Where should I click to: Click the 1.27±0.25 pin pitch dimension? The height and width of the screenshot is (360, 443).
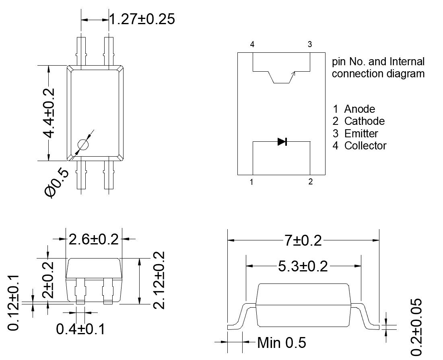click(x=142, y=19)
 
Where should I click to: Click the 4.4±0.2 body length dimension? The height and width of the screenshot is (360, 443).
click(x=49, y=113)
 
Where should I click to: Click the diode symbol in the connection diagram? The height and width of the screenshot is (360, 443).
click(x=282, y=141)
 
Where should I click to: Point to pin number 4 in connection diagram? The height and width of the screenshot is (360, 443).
click(x=252, y=44)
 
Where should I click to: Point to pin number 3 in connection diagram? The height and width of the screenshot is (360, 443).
click(x=310, y=44)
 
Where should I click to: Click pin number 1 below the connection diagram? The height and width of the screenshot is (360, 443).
click(x=251, y=182)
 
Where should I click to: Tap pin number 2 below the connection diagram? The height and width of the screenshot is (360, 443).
click(x=310, y=182)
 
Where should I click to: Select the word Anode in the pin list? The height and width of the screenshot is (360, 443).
click(x=359, y=109)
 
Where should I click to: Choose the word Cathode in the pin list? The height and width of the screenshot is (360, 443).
click(x=364, y=121)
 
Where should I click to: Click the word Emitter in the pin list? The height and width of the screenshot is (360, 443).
click(x=361, y=133)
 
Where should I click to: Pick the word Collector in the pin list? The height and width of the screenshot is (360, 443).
click(x=365, y=145)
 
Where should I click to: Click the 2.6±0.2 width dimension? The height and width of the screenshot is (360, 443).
click(x=94, y=240)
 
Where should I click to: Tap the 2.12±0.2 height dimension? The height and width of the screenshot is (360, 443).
click(x=160, y=280)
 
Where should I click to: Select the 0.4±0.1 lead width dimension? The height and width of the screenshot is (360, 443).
click(x=80, y=329)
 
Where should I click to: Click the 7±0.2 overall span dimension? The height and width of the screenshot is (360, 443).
click(x=303, y=241)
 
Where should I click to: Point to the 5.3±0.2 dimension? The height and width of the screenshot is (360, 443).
click(x=303, y=266)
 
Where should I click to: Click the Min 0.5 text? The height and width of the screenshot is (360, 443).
click(x=281, y=343)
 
